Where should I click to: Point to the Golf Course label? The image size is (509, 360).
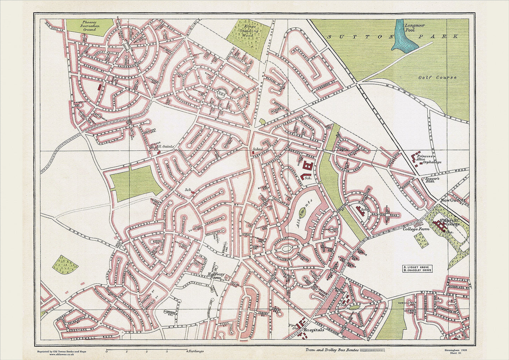[437, 77]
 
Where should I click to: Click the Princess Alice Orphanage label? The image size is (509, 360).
[429, 159]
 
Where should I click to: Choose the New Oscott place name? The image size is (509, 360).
[453, 200]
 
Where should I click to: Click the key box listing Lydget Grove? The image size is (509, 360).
[417, 269]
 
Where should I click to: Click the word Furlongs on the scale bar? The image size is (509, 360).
[196, 351]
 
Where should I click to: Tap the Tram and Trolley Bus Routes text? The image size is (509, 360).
[328, 350]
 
